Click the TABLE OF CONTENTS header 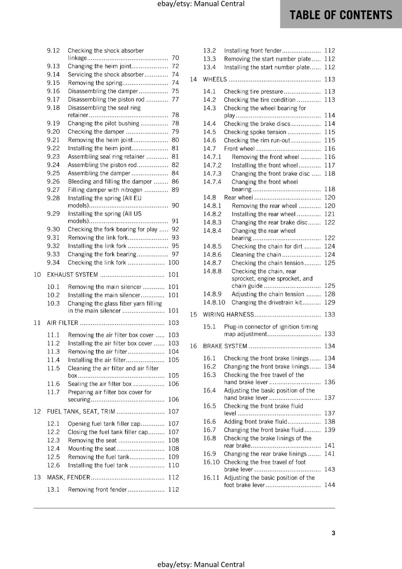(x=341, y=15)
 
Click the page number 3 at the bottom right (x=333, y=533)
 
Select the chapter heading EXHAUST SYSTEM (x=72, y=275)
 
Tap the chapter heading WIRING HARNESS (x=228, y=314)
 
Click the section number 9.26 (x=53, y=181)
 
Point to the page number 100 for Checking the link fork (x=174, y=262)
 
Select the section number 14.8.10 (x=214, y=302)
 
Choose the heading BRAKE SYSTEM (x=225, y=346)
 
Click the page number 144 (x=329, y=485)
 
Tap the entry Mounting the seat (x=92, y=448)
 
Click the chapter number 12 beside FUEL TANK (x=37, y=411)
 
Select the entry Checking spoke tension (x=255, y=132)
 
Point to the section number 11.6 (x=53, y=384)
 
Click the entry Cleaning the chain (x=256, y=255)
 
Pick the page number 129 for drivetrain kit (x=329, y=302)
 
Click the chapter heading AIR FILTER (x=63, y=323)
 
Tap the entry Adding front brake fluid (x=255, y=421)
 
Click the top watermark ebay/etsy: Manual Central (x=201, y=4)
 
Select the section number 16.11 (x=211, y=478)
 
